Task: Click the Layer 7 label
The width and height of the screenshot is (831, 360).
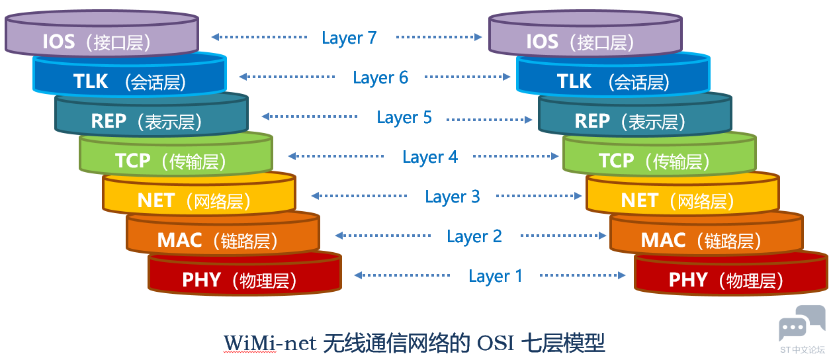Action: [349, 38]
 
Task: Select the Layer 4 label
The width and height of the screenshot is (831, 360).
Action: [430, 157]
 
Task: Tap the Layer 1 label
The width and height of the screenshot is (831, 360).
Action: [496, 277]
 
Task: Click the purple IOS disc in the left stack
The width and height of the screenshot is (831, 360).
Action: [102, 33]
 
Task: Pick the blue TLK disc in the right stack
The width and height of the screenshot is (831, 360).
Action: [613, 74]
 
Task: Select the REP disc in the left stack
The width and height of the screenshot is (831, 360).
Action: [152, 114]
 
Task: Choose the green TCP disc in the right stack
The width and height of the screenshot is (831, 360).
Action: [659, 154]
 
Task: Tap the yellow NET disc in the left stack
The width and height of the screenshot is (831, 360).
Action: [199, 193]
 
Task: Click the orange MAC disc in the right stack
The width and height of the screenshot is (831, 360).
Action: [707, 233]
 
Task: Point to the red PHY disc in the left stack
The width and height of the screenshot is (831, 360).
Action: [245, 273]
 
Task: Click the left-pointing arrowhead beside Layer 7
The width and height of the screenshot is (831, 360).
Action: [216, 37]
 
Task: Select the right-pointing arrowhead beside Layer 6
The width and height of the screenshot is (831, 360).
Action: [506, 77]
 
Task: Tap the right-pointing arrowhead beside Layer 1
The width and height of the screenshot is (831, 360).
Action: [621, 275]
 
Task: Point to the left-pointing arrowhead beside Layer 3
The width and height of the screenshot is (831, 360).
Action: [316, 196]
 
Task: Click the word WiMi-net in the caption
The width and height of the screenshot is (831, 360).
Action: [270, 343]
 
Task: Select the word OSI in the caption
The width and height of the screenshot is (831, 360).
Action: [495, 343]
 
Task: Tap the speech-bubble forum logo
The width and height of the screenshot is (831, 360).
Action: [801, 322]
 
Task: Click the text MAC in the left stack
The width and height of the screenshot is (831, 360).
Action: [179, 240]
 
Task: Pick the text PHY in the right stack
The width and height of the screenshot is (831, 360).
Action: [688, 280]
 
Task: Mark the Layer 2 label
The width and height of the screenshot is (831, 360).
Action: [474, 237]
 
